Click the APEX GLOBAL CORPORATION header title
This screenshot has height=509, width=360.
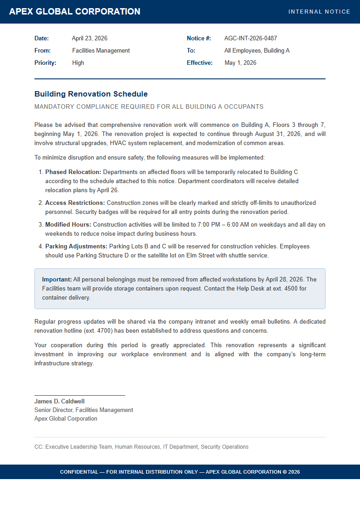tap(75, 12)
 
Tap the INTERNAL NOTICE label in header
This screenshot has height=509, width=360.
tap(319, 12)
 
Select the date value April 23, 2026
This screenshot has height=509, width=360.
tap(90, 39)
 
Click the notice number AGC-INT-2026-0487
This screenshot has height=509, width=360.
tap(251, 39)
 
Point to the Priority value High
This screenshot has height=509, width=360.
tap(78, 63)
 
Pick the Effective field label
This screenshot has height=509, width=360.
tap(199, 63)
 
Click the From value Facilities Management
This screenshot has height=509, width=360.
tap(101, 51)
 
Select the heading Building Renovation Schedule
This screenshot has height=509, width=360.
tap(91, 94)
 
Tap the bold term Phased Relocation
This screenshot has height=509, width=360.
tap(73, 172)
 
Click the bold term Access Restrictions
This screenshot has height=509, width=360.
tap(75, 203)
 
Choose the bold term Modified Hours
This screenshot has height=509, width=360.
tap(68, 225)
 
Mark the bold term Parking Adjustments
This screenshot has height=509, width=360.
tap(76, 247)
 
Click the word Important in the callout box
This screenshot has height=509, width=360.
tap(57, 280)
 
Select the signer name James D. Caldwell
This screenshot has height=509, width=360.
tap(59, 402)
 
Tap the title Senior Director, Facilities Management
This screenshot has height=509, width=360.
tap(84, 410)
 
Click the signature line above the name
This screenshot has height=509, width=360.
tap(80, 395)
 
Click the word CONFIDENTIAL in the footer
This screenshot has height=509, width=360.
tap(78, 472)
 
